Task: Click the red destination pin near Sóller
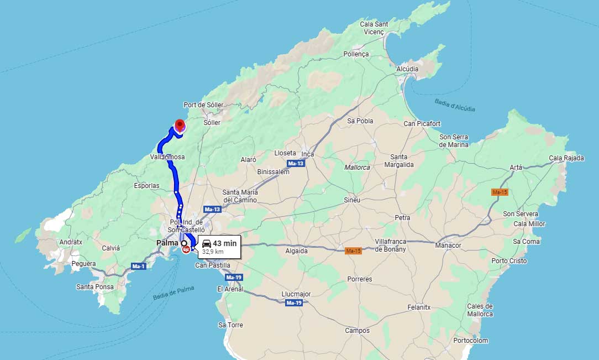point(179,124)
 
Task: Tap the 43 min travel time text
point(225,243)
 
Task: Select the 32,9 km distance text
point(213,252)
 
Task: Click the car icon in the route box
point(206,243)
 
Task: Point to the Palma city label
point(167,243)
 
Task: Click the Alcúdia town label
point(407,69)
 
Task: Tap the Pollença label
point(356,54)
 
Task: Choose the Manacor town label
point(448,245)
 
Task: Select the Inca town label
point(307,154)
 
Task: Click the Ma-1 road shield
point(139,267)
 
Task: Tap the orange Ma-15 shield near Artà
point(500,192)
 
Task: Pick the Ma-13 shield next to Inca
point(296,164)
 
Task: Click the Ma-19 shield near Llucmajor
point(293,303)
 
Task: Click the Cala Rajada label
point(566,158)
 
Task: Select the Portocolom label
point(470,341)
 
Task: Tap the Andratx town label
point(71,242)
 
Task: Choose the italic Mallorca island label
point(357,167)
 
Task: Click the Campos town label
point(357,331)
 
